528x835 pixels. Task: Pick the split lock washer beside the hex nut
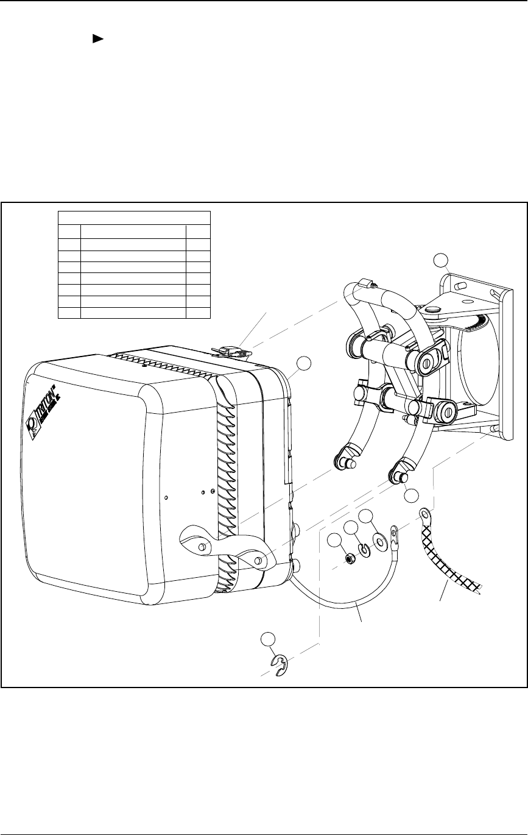[364, 550]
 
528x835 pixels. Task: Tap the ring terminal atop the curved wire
[395, 537]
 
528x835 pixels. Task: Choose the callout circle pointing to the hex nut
[334, 540]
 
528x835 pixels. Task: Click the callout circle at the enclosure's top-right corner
[303, 364]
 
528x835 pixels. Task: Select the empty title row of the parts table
[133, 217]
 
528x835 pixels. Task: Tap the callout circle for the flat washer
[366, 516]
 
